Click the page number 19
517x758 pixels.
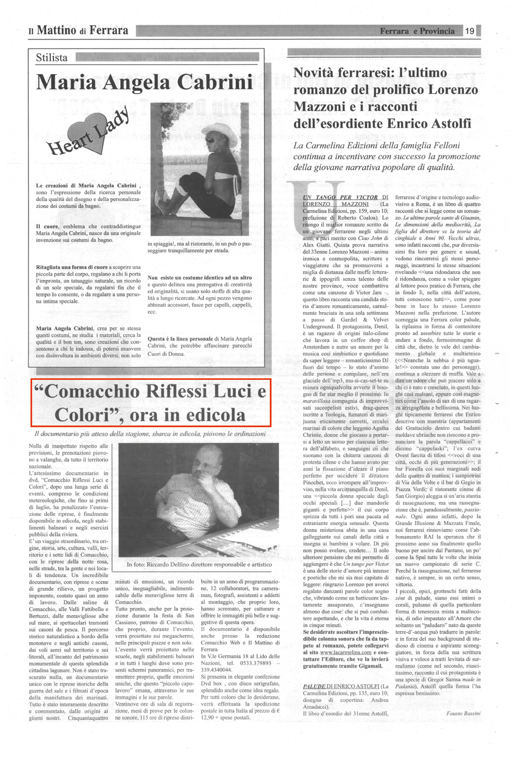tap(470, 31)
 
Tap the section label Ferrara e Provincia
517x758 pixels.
tap(418, 31)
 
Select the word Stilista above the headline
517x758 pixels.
tap(52, 58)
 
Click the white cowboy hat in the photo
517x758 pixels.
tap(221, 131)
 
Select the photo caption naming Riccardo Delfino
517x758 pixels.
tap(200, 564)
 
